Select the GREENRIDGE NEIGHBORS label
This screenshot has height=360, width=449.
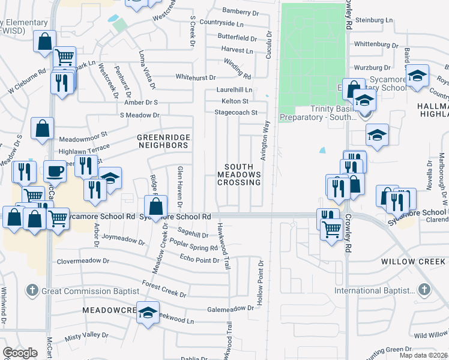[163, 141]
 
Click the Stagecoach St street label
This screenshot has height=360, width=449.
[236, 112]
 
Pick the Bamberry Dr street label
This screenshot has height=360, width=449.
[240, 11]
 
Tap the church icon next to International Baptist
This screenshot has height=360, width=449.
[424, 290]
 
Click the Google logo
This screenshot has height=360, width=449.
[20, 353]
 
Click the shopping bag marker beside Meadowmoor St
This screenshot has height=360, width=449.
[43, 128]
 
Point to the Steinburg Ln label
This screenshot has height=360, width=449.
[373, 20]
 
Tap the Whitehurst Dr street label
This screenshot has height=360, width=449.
[195, 77]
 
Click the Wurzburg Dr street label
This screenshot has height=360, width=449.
[372, 67]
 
